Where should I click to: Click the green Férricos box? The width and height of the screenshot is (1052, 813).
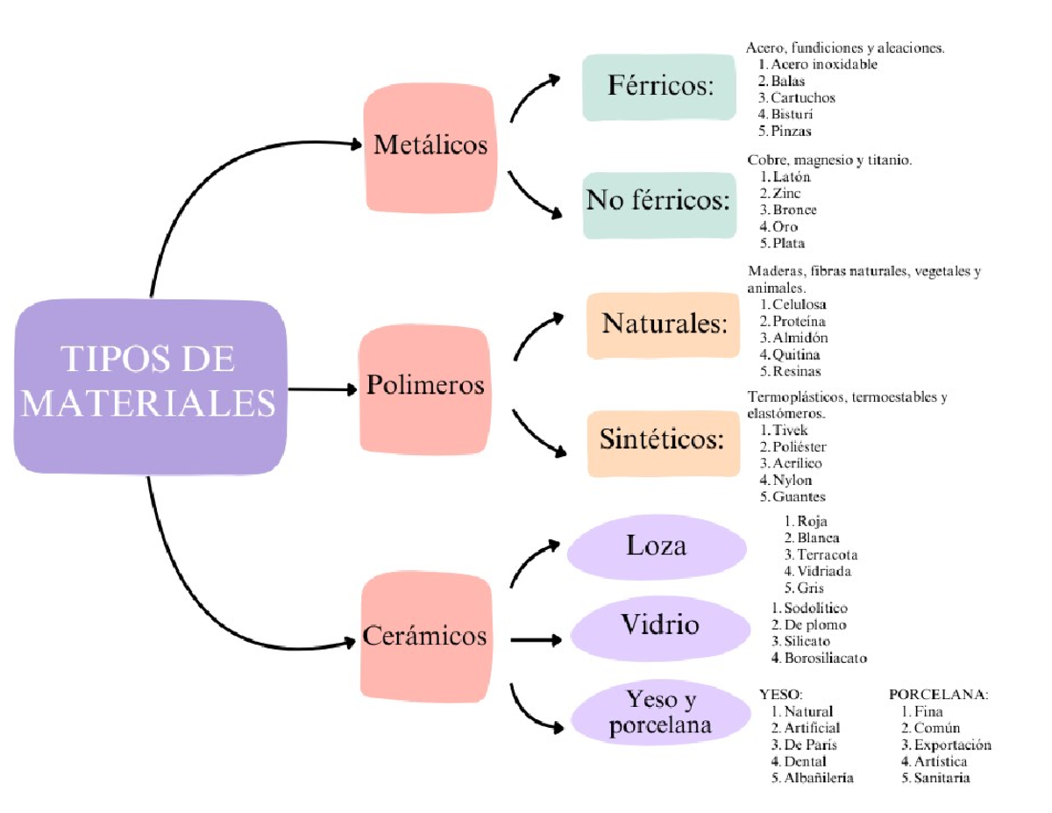(659, 87)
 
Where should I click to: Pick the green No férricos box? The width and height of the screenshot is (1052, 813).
(659, 203)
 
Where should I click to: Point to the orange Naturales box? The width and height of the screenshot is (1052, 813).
(664, 324)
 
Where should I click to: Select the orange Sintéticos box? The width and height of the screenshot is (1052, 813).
(663, 441)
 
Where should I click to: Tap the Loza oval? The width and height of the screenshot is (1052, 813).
(657, 546)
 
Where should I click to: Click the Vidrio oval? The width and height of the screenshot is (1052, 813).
(660, 625)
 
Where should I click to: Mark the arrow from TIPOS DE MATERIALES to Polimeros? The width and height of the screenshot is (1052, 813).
(321, 389)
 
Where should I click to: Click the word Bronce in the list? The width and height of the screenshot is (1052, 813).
(794, 210)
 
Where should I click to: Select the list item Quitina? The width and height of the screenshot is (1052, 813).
(796, 355)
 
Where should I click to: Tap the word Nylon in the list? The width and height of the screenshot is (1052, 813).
(792, 481)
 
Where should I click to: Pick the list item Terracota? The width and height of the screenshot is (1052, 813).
(827, 555)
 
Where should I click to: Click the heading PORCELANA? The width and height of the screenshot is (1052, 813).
(938, 694)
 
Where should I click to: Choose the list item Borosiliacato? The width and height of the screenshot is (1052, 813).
(826, 658)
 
